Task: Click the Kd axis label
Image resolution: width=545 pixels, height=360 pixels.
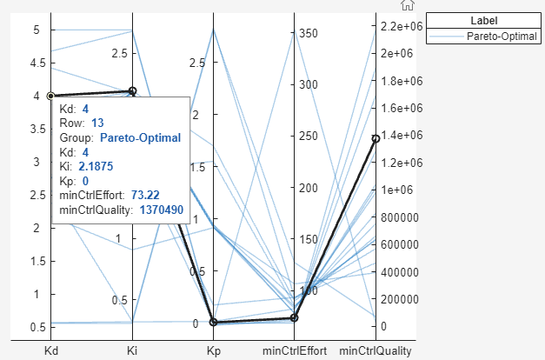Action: [x=51, y=350]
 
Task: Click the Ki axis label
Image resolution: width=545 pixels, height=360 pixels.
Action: [x=132, y=350]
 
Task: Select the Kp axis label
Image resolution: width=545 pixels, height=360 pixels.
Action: [x=213, y=350]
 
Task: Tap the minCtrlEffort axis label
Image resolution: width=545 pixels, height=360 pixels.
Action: [x=295, y=350]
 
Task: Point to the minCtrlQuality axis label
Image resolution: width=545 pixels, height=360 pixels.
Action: [x=376, y=350]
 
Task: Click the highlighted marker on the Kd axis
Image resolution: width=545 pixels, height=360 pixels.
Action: [x=51, y=96]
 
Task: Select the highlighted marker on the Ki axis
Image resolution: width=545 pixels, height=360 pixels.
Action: [x=132, y=90]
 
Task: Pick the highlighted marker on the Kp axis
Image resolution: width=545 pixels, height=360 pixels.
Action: [x=213, y=323]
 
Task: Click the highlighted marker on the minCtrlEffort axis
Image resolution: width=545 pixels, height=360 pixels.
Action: [x=295, y=318]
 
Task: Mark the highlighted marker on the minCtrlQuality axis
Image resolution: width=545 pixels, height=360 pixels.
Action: [x=376, y=138]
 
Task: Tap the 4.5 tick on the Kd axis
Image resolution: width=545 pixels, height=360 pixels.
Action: [x=35, y=63]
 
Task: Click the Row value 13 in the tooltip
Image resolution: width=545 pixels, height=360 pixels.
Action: [x=97, y=123]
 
